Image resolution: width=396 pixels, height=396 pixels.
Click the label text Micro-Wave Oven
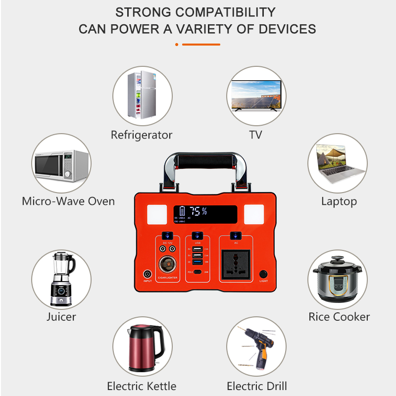68,201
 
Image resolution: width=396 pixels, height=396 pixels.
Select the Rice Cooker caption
339,317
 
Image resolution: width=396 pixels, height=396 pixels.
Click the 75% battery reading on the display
198,211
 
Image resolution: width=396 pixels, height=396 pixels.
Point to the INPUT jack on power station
148,274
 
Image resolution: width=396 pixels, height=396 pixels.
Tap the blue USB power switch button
198,236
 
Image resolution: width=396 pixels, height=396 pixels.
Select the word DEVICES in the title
288,29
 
